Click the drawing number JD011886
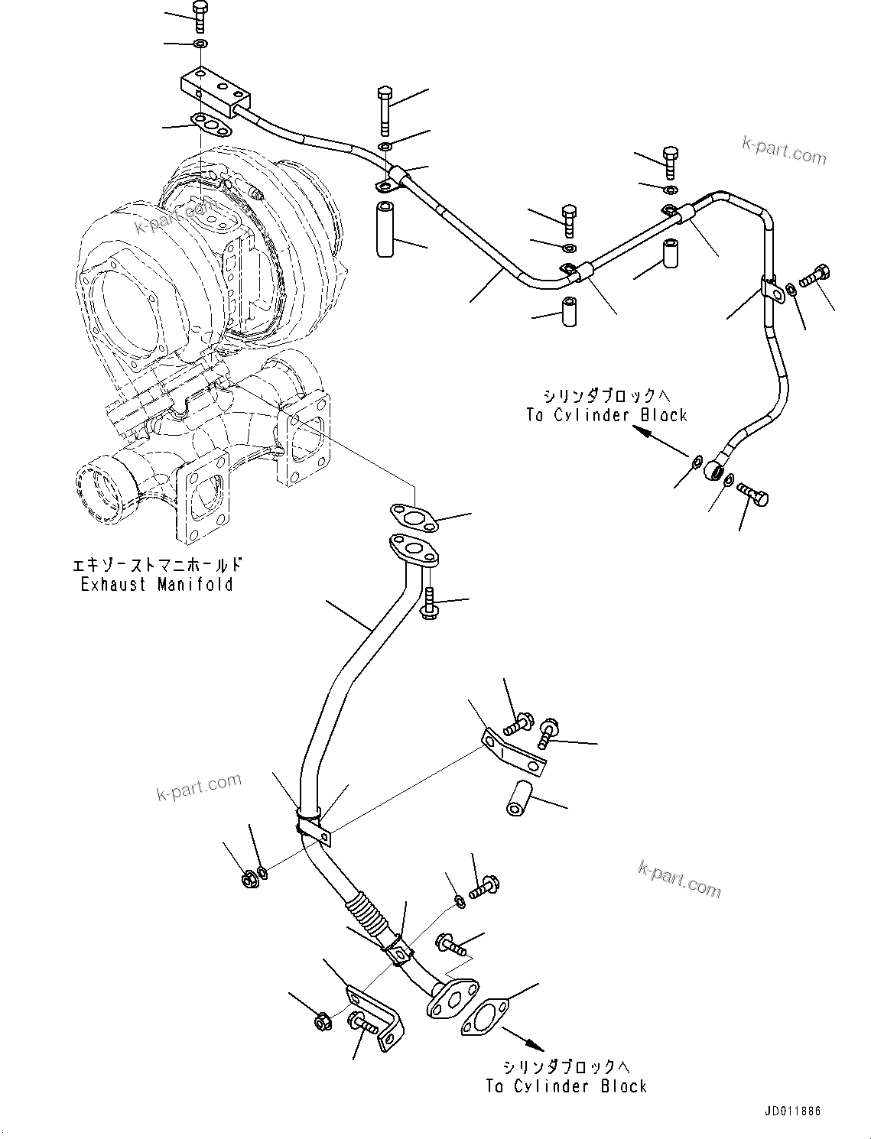[x=791, y=1111]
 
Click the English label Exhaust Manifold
[x=157, y=585]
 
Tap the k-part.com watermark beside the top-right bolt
[x=783, y=150]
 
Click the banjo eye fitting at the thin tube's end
[x=715, y=469]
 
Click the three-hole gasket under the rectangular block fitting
[x=211, y=125]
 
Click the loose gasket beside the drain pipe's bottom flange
[x=485, y=1017]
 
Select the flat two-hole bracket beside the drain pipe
[x=513, y=753]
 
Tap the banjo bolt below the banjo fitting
[x=753, y=496]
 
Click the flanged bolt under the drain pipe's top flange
[x=429, y=603]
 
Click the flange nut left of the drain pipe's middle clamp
[x=249, y=879]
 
